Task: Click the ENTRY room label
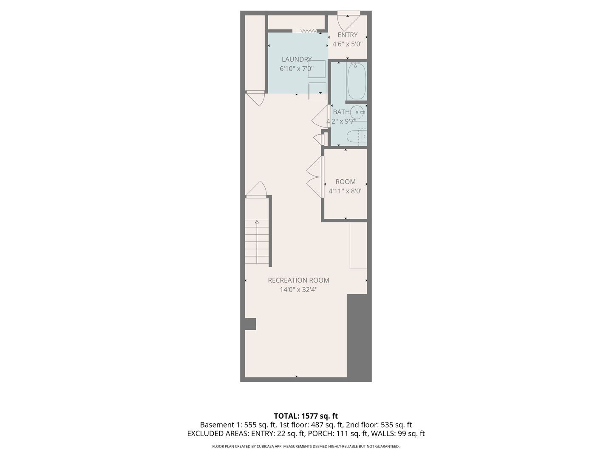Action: tap(347, 35)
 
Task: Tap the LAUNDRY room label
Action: tap(297, 59)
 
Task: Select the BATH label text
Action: tap(341, 112)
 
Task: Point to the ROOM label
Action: tap(346, 182)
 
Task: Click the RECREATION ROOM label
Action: tap(299, 280)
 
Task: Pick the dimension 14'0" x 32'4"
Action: tap(299, 289)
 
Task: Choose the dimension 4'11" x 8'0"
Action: tap(346, 191)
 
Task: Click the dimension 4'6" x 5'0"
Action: tap(347, 44)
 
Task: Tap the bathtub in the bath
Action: tap(357, 81)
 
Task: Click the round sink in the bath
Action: tap(357, 112)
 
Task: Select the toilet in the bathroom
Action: tap(357, 136)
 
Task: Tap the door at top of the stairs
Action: tap(256, 189)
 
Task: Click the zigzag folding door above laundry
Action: tap(309, 31)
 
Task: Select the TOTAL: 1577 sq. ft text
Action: tap(306, 416)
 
